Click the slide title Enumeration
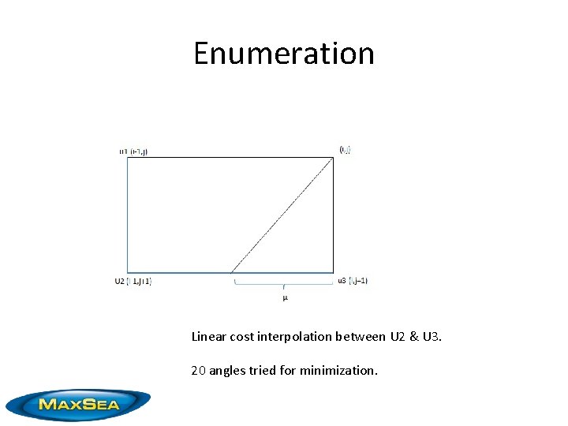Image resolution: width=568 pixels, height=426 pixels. click(x=284, y=54)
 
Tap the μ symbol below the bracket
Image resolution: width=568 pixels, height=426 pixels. click(x=285, y=297)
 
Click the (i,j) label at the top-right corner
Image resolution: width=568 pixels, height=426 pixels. click(x=345, y=149)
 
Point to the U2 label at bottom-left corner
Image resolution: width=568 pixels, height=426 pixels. click(x=120, y=281)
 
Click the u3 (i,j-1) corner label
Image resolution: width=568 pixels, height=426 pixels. click(x=353, y=280)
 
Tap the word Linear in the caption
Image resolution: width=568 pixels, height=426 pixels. click(x=208, y=337)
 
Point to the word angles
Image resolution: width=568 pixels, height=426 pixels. click(x=226, y=369)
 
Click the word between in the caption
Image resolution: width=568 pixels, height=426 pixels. click(x=364, y=337)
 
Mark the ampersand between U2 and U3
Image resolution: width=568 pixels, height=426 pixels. click(x=414, y=337)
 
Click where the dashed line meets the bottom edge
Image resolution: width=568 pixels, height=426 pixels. click(x=233, y=273)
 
